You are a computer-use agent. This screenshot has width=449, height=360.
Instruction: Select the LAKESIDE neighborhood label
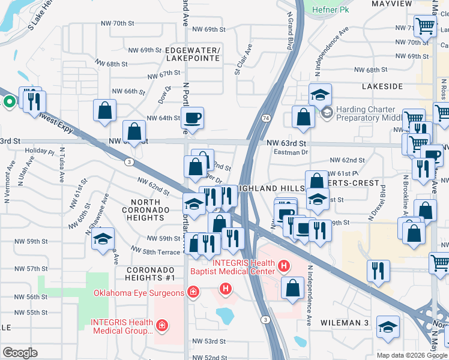(x=382, y=86)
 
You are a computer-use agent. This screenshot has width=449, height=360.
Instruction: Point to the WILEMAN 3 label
(x=348, y=323)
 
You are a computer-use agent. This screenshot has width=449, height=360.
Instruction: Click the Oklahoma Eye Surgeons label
(x=139, y=293)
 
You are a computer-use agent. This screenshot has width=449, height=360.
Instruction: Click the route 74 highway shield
(x=265, y=118)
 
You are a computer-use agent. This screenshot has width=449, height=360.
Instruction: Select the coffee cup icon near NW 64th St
(x=192, y=118)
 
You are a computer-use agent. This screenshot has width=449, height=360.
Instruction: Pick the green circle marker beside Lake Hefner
(x=9, y=101)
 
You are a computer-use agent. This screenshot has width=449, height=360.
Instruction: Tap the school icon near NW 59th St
(x=103, y=238)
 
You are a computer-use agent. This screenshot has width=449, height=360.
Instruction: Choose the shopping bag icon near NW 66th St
(x=104, y=110)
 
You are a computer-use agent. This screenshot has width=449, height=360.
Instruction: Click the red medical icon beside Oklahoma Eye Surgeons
(x=193, y=293)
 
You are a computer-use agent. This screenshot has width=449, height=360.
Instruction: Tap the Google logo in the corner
(x=20, y=353)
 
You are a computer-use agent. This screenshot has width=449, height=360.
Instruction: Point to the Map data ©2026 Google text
(x=412, y=355)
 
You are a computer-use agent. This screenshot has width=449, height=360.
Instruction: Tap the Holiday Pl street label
(x=40, y=151)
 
